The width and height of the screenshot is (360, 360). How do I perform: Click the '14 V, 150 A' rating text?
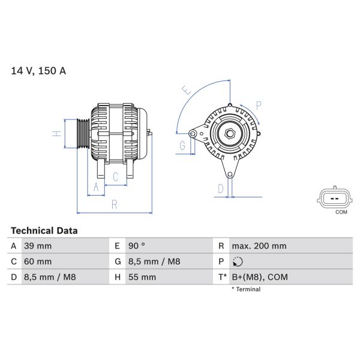[x=38, y=71]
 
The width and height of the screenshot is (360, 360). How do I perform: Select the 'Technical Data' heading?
[x=44, y=230]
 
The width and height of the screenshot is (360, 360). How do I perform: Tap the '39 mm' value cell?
[x=37, y=246]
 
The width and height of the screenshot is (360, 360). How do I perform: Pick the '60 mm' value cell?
[x=37, y=262]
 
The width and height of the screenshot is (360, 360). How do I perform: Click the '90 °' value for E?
[x=137, y=246]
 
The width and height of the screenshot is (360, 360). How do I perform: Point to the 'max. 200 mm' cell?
[x=259, y=246]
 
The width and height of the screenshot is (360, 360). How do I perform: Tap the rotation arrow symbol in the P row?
[x=238, y=262]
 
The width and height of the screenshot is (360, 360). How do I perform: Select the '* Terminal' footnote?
[x=246, y=289]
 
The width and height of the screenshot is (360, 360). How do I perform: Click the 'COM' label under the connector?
[x=341, y=212]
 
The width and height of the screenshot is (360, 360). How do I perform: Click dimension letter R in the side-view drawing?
[x=115, y=205]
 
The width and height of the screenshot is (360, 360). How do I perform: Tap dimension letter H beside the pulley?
[x=56, y=134]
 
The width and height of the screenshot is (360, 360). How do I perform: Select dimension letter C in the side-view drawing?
[x=116, y=176]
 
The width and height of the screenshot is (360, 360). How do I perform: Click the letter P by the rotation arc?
[x=259, y=106]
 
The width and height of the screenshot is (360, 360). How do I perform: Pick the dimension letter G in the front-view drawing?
[x=182, y=146]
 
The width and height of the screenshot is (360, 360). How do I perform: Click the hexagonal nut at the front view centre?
[x=229, y=134]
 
